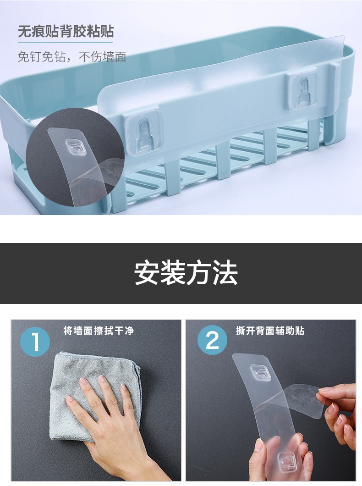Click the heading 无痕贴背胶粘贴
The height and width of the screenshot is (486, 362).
coord(66,31)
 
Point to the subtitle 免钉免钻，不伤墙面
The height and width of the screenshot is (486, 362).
coord(71,57)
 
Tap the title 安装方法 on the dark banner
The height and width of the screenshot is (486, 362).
coord(186,273)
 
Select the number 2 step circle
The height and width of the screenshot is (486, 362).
coord(212,340)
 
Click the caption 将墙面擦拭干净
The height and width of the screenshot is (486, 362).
coord(99,331)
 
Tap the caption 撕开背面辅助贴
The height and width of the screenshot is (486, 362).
coord(270,331)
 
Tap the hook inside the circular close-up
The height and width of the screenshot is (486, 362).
coord(76,147)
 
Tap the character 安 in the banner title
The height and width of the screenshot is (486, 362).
coord(147,273)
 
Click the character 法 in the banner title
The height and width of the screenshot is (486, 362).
coord(225,273)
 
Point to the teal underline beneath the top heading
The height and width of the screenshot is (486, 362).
coord(66,42)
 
